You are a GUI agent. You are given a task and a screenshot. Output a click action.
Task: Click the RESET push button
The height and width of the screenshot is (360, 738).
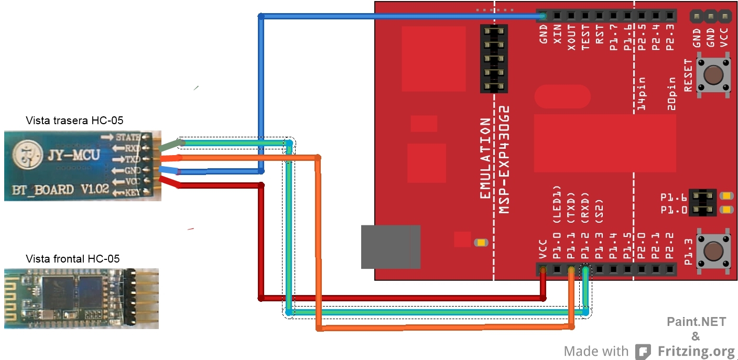712,75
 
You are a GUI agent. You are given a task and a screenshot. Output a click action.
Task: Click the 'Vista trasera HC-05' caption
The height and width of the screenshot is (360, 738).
74,121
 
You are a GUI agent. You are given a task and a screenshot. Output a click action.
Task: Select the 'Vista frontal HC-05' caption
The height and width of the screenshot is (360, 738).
73,259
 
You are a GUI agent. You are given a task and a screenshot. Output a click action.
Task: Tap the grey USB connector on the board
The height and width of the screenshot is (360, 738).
390,247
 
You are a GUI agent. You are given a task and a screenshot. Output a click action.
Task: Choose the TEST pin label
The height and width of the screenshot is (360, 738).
585,37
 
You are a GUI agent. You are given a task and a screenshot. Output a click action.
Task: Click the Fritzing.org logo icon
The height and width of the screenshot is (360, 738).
643,352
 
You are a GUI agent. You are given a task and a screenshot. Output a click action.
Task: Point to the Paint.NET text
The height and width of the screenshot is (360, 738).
696,322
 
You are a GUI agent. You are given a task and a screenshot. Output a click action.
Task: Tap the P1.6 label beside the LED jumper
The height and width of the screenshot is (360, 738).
673,198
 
